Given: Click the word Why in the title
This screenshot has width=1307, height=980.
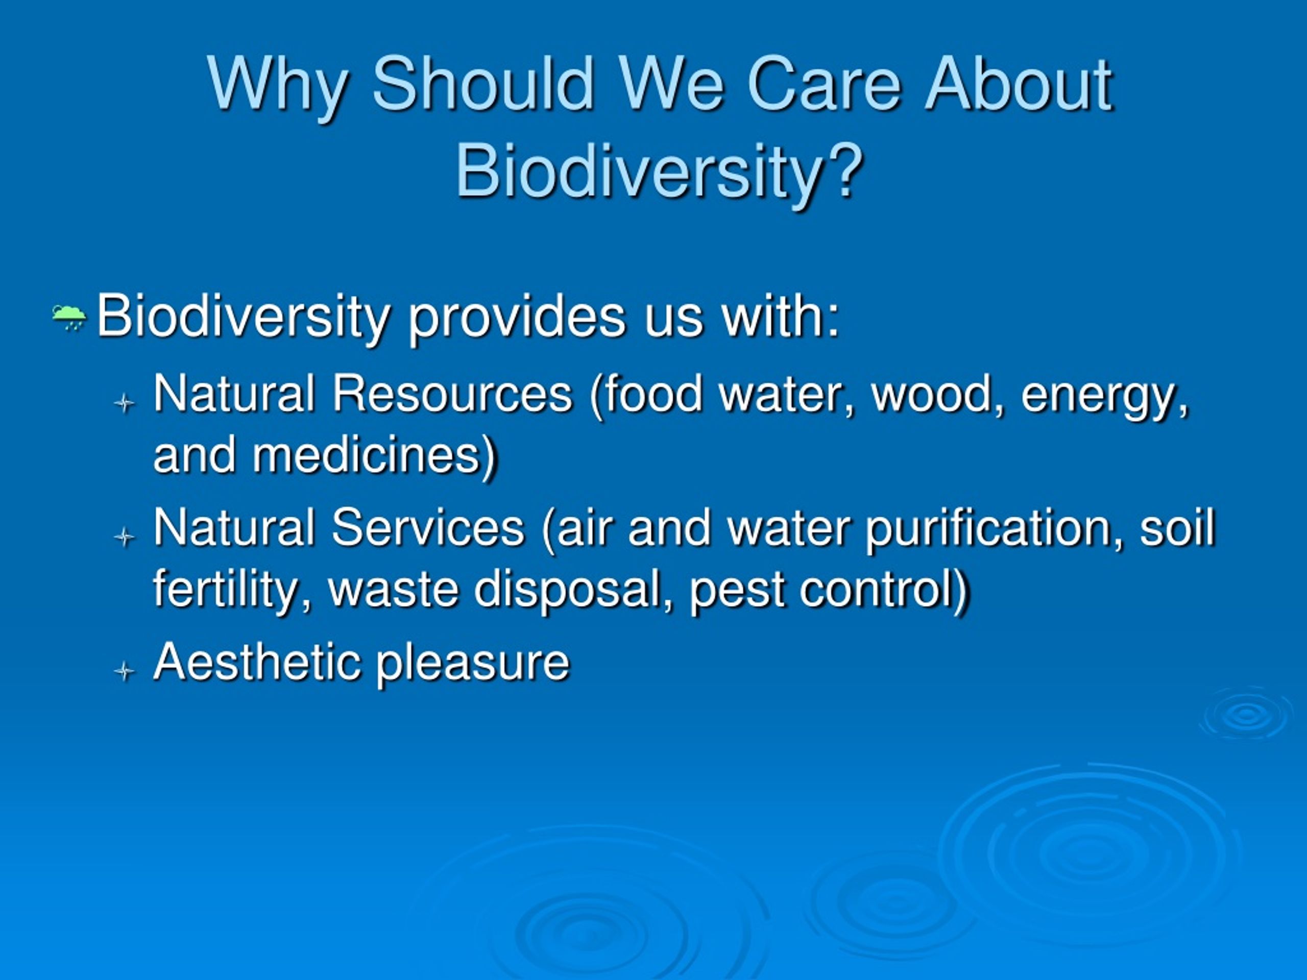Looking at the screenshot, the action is pos(278,86).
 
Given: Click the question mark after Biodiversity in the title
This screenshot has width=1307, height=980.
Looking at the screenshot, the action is pos(842,170).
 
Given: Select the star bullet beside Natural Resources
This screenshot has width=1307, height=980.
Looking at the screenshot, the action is pos(124,403).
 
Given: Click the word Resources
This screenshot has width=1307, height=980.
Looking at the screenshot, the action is pos(452,394).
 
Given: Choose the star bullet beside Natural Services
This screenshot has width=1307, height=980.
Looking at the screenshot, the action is pos(124,536).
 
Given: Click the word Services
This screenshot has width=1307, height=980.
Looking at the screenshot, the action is pos(428,527).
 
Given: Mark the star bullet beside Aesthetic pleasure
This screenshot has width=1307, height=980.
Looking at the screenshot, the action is pos(124,671).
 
